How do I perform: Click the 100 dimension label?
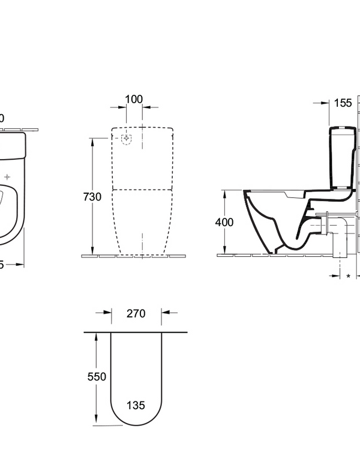(134, 98)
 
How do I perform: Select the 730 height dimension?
(92, 197)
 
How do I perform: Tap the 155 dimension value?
(342, 103)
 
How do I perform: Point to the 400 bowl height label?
(224, 222)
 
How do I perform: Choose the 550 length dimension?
(96, 377)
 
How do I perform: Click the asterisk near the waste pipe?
(349, 276)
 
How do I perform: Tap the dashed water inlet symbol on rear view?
(127, 140)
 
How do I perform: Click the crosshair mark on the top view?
(7, 177)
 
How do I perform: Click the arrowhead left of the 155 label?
(326, 103)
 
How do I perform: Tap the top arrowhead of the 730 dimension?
(92, 142)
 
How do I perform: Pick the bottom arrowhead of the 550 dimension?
(96, 421)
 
